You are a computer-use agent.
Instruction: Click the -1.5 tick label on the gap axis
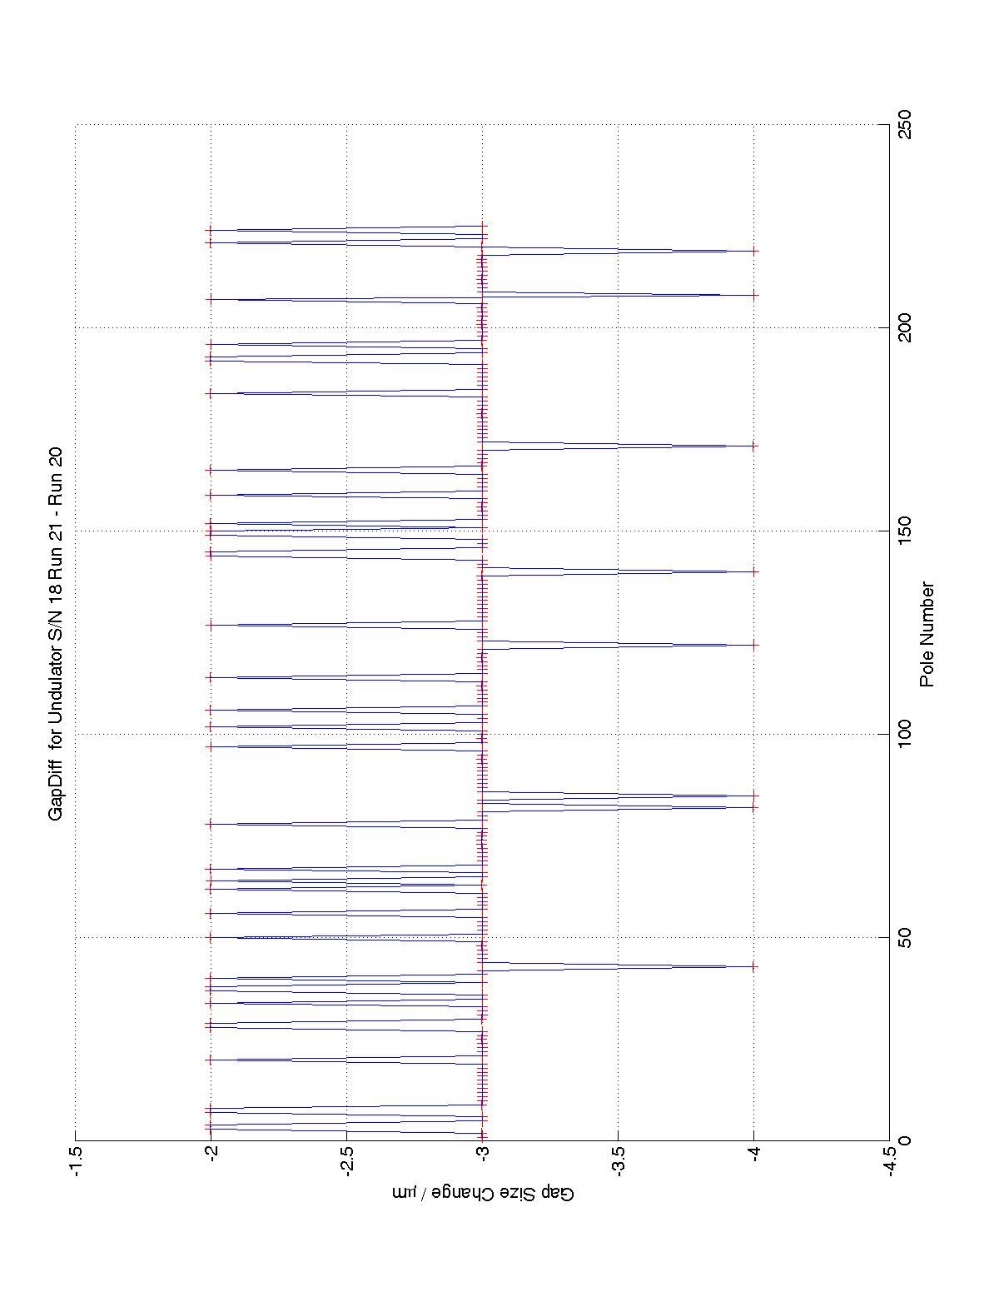76,1161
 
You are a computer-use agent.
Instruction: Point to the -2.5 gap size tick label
346,1161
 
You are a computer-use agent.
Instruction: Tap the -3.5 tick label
618,1161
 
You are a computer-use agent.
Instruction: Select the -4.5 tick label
889,1161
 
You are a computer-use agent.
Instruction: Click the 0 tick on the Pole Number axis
901,1140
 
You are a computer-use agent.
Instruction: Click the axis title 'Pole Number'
927,634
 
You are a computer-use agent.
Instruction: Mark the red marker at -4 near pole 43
753,966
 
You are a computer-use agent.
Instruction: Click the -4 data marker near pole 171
753,446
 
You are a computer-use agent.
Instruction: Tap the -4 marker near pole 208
753,295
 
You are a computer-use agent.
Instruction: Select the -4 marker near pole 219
753,251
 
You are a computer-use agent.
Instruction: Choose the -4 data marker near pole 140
753,571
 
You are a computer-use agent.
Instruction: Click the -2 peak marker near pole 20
211,1060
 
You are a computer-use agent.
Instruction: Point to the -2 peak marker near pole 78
211,824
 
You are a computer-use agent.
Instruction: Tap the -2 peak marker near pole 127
211,625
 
